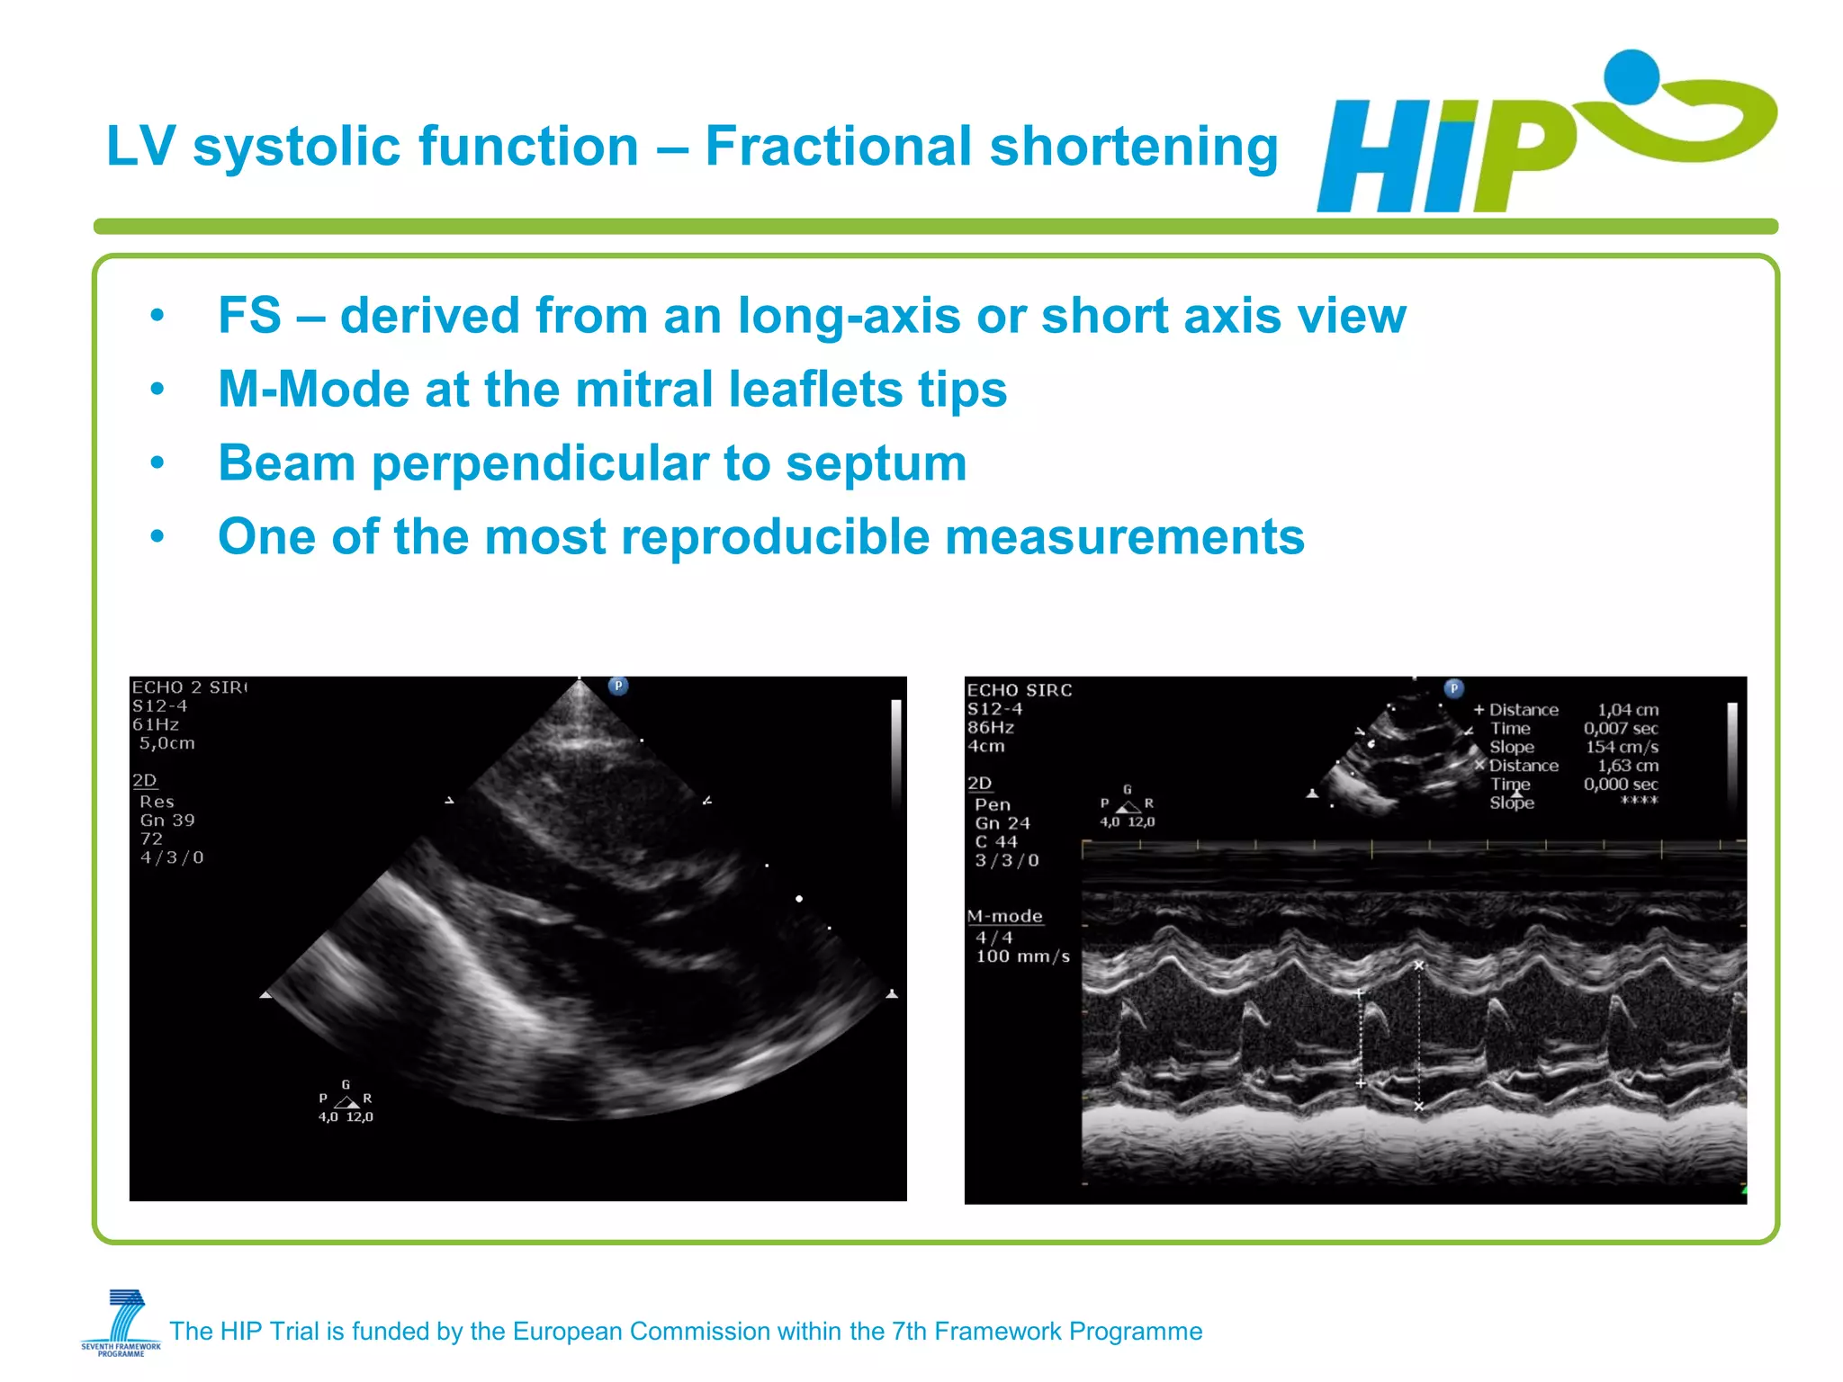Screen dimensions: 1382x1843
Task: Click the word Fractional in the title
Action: tap(837, 147)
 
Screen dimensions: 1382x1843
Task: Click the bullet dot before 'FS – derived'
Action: tap(157, 316)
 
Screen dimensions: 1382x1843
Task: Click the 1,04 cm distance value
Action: tap(1627, 710)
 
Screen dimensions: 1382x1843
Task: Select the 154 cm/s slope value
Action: tap(1622, 747)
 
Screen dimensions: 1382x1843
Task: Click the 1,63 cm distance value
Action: tap(1627, 766)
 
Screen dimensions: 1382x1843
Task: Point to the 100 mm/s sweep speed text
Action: tap(1022, 956)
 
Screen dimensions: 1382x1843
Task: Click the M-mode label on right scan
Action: tap(1004, 916)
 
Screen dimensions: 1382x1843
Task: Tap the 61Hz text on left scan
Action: tap(156, 724)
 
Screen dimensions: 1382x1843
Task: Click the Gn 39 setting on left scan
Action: tap(167, 820)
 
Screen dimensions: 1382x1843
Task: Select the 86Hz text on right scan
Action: tap(990, 727)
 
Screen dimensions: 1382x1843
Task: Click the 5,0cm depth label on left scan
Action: tap(166, 743)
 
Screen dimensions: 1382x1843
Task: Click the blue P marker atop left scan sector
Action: tap(618, 686)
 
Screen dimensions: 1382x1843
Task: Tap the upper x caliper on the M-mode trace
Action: tap(1419, 965)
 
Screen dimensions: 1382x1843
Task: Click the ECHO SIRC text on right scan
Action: tap(1019, 690)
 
